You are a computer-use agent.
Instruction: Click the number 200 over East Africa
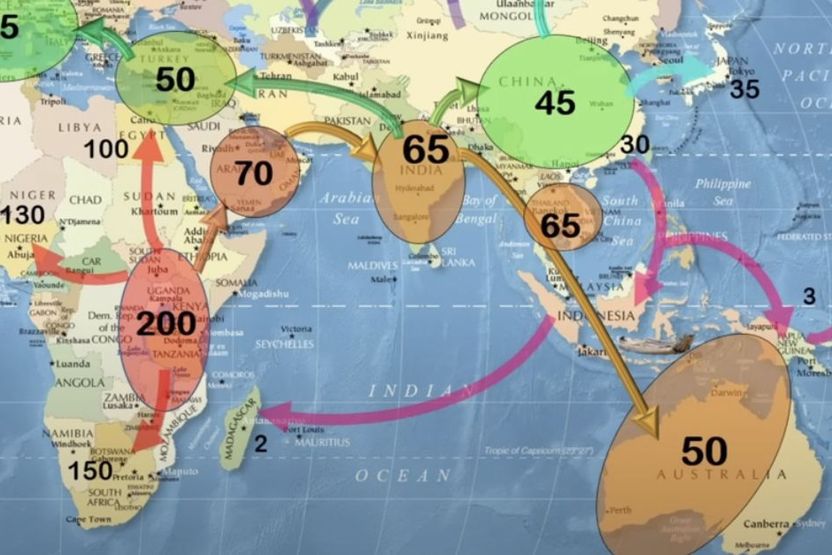pyautogui.click(x=166, y=324)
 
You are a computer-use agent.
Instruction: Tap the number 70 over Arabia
pyautogui.click(x=253, y=173)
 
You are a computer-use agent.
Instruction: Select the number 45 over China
pyautogui.click(x=555, y=103)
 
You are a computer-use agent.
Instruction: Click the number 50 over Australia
pyautogui.click(x=705, y=451)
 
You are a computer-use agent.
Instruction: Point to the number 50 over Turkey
pyautogui.click(x=175, y=80)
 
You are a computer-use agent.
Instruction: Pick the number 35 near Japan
pyautogui.click(x=744, y=89)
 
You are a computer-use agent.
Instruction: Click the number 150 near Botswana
pyautogui.click(x=90, y=470)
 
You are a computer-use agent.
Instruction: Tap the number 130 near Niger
pyautogui.click(x=22, y=215)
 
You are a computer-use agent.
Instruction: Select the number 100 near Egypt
pyautogui.click(x=106, y=149)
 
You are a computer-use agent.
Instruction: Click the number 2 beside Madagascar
pyautogui.click(x=260, y=444)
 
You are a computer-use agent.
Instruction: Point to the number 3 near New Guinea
pyautogui.click(x=809, y=297)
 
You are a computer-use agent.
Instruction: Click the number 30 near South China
pyautogui.click(x=636, y=144)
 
